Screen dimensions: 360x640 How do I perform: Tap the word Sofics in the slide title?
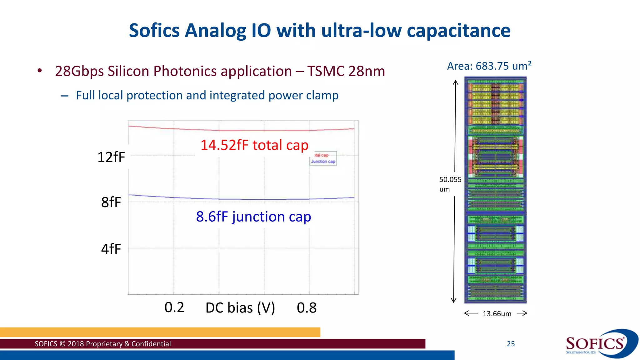coord(154,31)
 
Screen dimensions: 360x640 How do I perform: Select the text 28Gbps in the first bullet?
coord(79,71)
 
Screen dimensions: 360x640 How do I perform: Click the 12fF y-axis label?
coord(111,157)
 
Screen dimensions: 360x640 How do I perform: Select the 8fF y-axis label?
coord(111,202)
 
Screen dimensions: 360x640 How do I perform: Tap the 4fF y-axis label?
coord(111,249)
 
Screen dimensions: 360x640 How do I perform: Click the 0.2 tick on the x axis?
coord(174,307)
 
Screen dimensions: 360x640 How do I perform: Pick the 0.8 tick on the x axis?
coord(307,308)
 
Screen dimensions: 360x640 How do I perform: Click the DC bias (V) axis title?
coord(240,308)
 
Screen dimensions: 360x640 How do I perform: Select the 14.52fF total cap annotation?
coord(254,145)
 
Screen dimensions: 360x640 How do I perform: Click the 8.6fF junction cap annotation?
coord(253,217)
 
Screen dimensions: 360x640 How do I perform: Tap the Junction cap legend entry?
coord(323,162)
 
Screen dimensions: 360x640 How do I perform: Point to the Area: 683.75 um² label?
coord(489,66)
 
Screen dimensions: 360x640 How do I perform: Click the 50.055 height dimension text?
coord(450,180)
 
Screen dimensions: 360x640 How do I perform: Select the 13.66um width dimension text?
coord(497,314)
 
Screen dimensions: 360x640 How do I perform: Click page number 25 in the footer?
coord(511,344)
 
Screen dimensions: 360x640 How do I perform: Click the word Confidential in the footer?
coord(151,344)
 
